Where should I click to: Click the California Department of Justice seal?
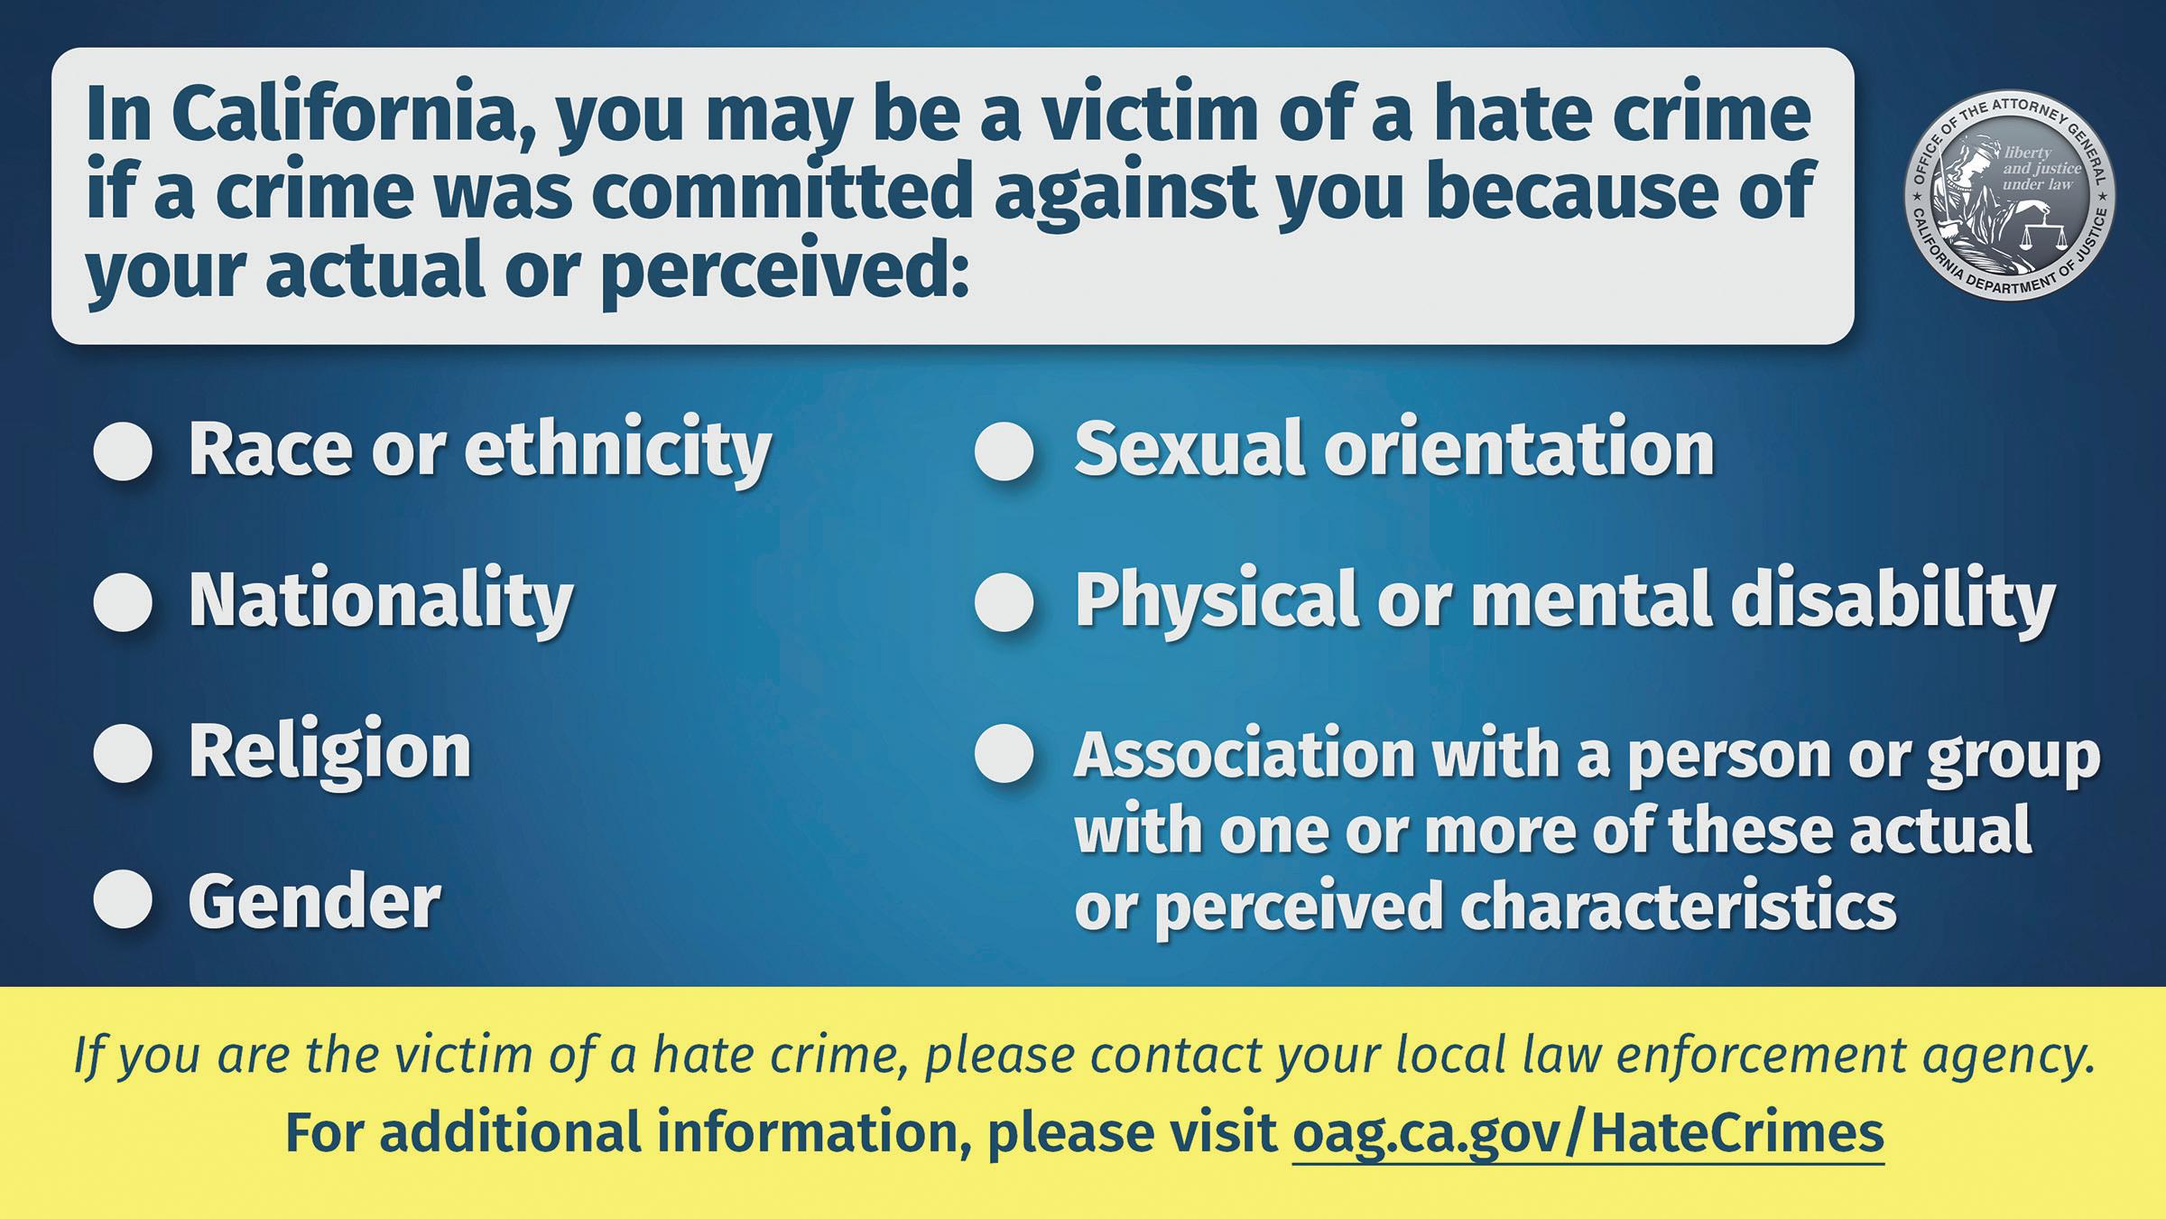click(x=2009, y=195)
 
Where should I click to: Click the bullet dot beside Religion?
click(x=123, y=752)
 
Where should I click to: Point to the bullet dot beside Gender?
click(x=123, y=899)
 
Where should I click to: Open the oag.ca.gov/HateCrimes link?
click(x=1587, y=1133)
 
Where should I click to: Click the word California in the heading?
click(x=355, y=115)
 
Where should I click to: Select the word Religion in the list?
click(x=329, y=754)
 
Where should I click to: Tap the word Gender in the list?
click(x=314, y=901)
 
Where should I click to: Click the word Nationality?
click(x=380, y=601)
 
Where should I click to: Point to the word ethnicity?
click(x=617, y=451)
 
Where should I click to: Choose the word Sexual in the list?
click(x=1189, y=449)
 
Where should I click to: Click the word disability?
click(x=1892, y=601)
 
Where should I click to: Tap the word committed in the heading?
click(x=782, y=191)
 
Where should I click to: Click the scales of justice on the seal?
click(x=2032, y=233)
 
